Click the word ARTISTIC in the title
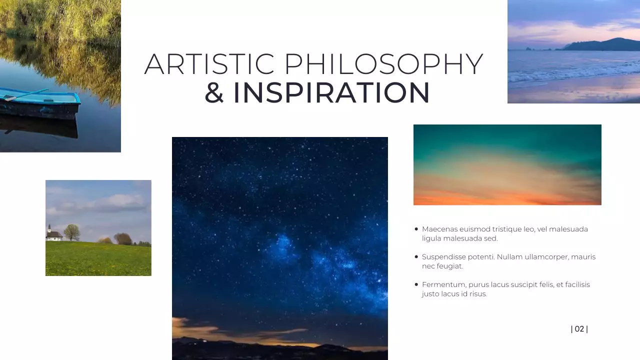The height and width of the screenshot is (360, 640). click(x=209, y=64)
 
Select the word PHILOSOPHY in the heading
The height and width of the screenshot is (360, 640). click(x=383, y=64)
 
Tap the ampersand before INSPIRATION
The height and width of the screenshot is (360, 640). click(x=214, y=93)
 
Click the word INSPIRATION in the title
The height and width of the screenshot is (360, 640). click(x=331, y=93)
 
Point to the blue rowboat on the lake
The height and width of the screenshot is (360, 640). click(x=40, y=103)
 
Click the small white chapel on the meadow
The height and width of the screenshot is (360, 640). click(x=53, y=234)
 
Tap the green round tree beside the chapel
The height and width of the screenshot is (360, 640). click(x=71, y=231)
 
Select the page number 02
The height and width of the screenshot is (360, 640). click(x=579, y=329)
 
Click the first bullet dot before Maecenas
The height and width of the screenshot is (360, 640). click(x=416, y=229)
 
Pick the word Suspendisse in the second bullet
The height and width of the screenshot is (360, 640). click(x=443, y=257)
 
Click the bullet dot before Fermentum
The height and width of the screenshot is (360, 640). click(x=416, y=284)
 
